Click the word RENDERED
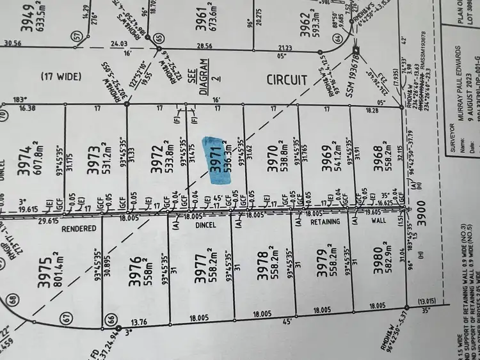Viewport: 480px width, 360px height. coord(79,228)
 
